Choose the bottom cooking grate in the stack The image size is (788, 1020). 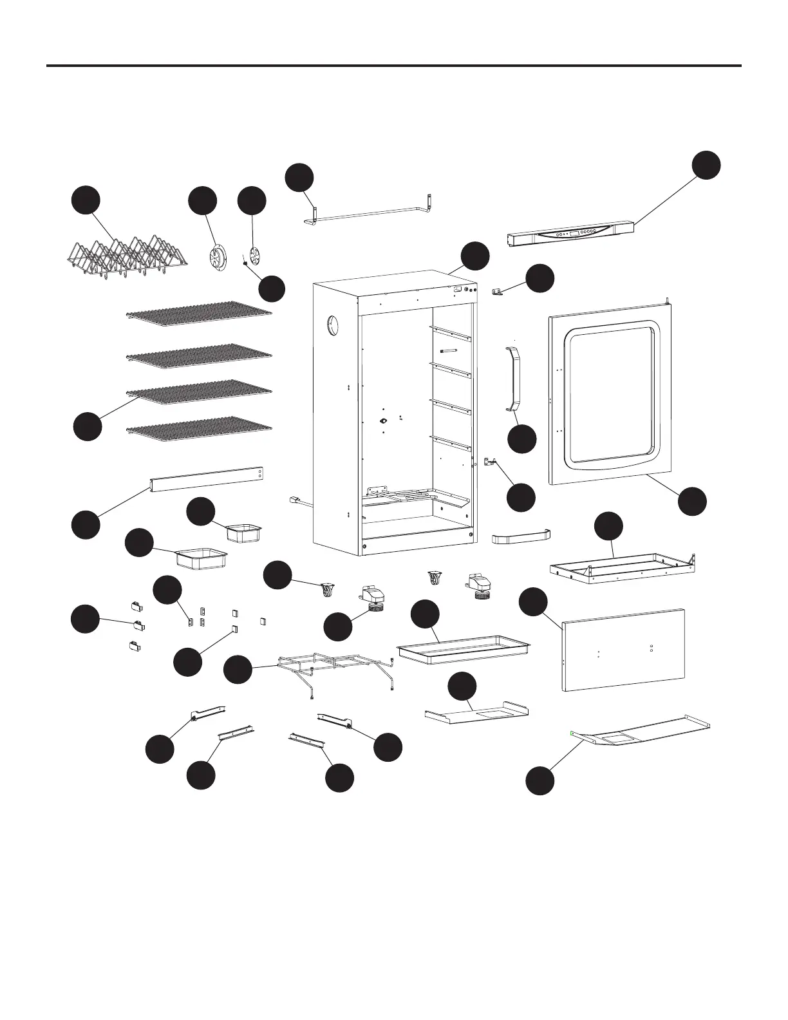(200, 430)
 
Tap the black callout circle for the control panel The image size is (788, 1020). (706, 165)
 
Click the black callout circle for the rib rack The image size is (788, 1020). (86, 200)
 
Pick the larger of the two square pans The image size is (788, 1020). (202, 557)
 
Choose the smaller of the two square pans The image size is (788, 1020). (245, 532)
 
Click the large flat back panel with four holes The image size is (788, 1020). (623, 649)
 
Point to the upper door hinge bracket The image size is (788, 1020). (497, 293)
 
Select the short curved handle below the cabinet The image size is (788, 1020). (521, 536)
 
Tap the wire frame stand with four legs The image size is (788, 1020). (335, 670)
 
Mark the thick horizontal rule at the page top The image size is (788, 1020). (394, 66)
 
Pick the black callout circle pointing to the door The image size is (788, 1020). (693, 502)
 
